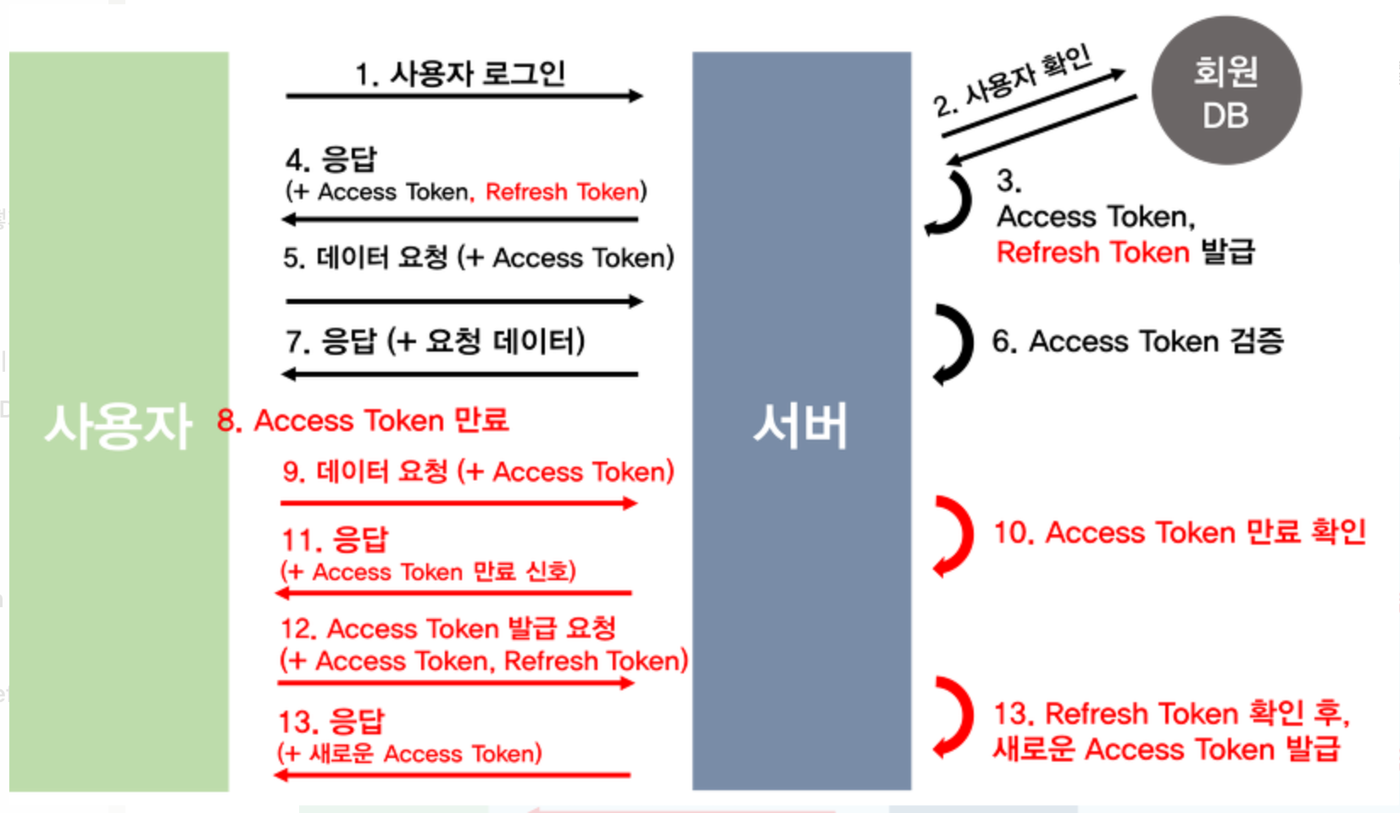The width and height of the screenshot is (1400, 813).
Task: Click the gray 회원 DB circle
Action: (x=1225, y=91)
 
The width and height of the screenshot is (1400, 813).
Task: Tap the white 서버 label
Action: (x=801, y=425)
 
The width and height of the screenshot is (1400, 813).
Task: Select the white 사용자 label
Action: (x=118, y=425)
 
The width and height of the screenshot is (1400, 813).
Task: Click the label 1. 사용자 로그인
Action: (x=460, y=74)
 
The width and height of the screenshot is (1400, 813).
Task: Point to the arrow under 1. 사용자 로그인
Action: (x=464, y=97)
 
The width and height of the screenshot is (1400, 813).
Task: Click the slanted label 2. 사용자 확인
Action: (x=1014, y=81)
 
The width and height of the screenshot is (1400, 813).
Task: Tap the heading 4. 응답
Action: (x=331, y=159)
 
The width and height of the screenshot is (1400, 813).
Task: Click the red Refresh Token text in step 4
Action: (x=562, y=192)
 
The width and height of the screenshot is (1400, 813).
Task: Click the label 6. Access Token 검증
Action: (x=1137, y=341)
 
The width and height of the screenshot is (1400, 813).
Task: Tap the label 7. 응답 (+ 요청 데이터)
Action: (x=435, y=341)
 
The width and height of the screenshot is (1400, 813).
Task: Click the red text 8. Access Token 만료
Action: (x=363, y=420)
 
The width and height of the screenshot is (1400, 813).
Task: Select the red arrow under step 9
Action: (x=458, y=503)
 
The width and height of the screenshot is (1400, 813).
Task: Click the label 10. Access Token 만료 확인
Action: (x=1179, y=533)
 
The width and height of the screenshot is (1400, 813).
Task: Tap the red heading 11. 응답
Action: (x=335, y=539)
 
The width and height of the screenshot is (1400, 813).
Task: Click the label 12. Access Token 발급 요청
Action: (x=448, y=628)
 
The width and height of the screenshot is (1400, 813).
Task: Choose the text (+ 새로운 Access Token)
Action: (x=409, y=754)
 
